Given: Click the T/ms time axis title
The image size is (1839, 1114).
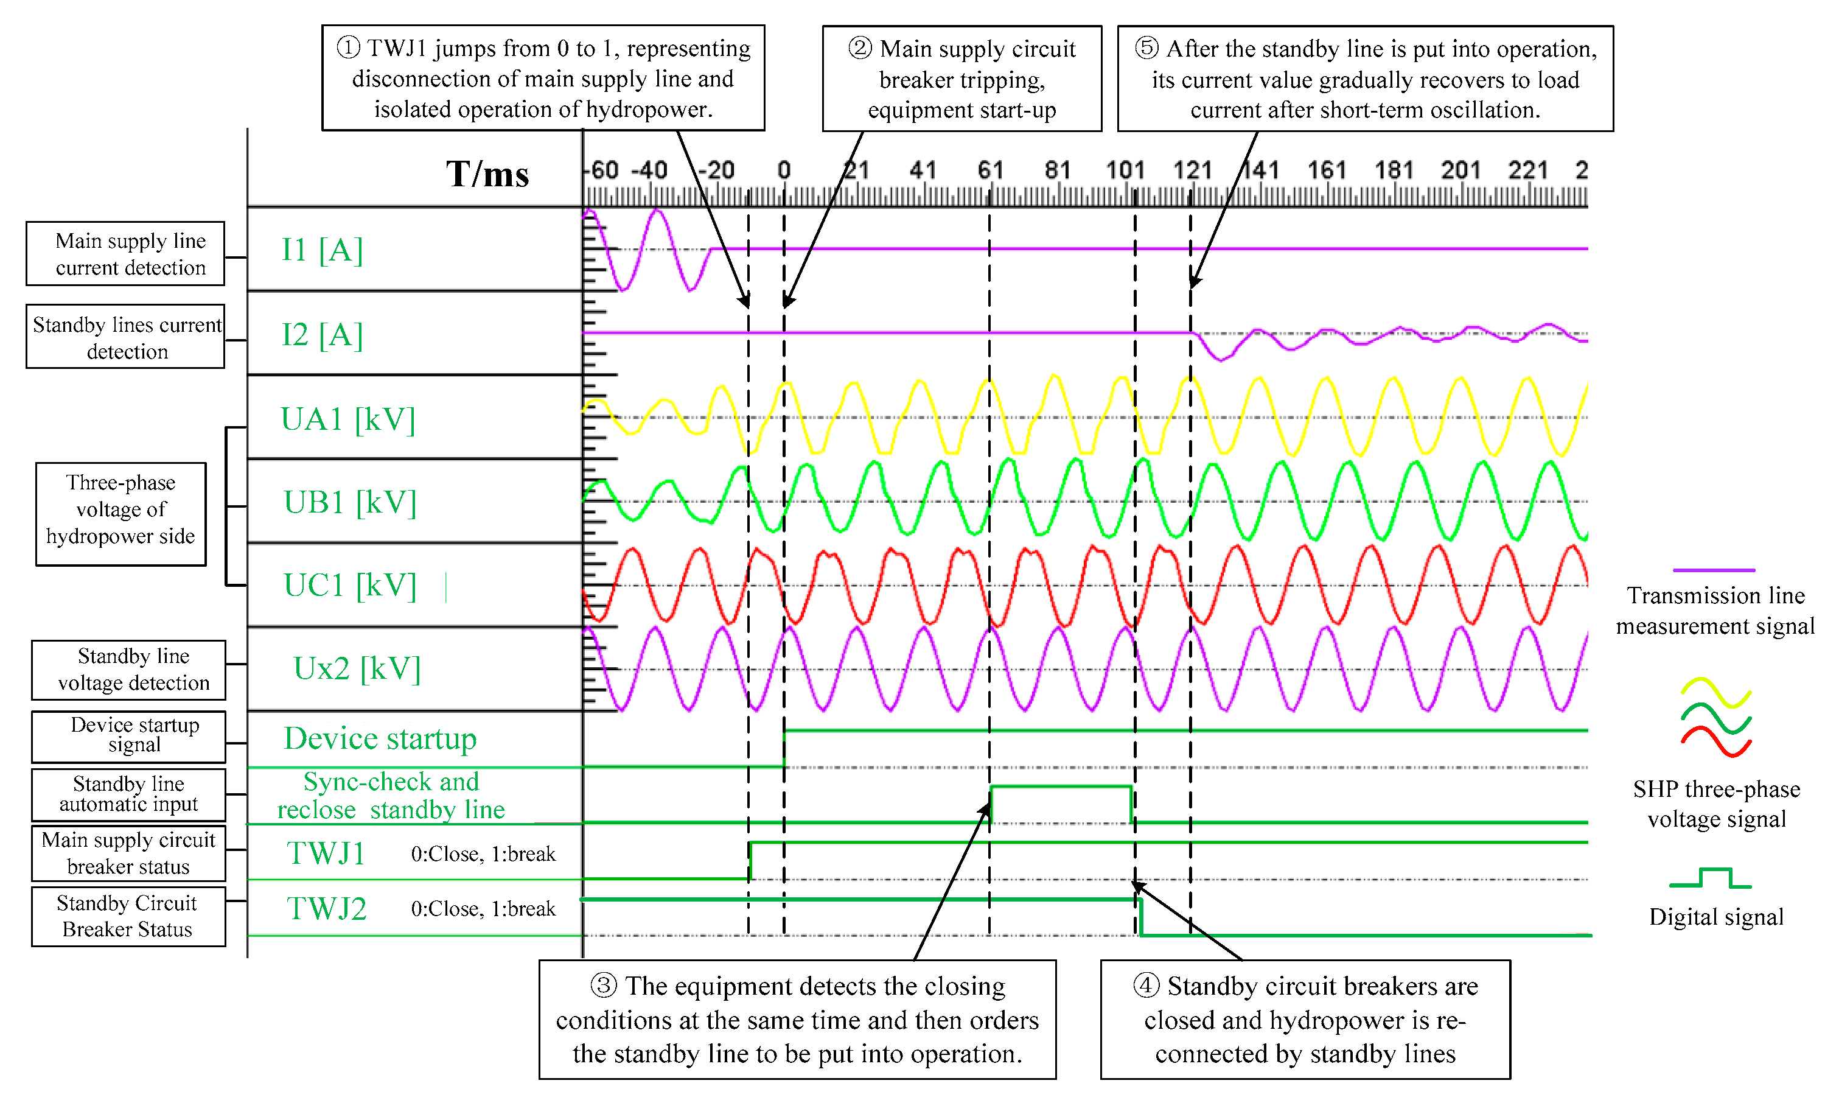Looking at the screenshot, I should pos(487,174).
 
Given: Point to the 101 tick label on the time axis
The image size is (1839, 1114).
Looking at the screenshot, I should pos(1125,170).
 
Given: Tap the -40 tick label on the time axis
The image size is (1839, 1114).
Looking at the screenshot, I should pos(649,170).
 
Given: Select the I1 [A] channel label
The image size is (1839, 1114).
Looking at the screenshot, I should pos(322,250).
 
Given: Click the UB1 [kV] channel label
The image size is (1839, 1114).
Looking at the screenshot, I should pos(349,502).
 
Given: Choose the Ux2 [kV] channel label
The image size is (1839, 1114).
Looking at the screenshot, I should pos(357,669).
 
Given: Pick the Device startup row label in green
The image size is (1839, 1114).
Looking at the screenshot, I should pos(380,739).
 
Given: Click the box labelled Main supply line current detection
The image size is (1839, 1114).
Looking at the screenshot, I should pos(125,254).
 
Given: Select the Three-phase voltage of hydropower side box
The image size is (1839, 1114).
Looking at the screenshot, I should pos(121,514).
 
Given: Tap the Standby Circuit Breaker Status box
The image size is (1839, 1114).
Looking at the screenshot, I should pos(128,916).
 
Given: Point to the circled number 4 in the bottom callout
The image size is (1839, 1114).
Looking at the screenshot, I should pos(1146,986).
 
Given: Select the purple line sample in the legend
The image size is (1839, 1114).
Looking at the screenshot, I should pos(1714,570).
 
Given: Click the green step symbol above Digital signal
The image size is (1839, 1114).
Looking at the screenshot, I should pos(1711,878).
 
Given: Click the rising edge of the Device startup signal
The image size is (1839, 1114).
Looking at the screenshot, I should pos(784,748).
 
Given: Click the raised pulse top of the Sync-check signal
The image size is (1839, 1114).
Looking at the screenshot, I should pos(1061,786).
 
